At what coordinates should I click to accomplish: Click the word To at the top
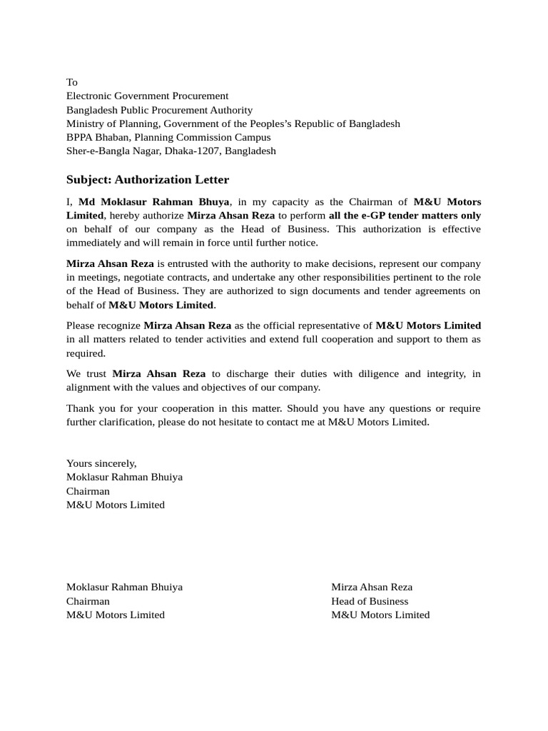tap(72, 82)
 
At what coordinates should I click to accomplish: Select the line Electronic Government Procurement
tap(147, 96)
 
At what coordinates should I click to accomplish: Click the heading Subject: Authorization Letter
tap(148, 179)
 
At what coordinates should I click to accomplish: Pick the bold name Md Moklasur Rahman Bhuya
tap(153, 202)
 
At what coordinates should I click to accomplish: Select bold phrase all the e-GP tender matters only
tap(405, 216)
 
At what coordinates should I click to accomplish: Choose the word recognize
tap(116, 326)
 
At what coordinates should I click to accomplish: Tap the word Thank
tap(80, 408)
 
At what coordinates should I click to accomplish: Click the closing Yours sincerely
tap(101, 463)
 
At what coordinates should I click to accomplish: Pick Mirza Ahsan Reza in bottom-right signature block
tap(372, 587)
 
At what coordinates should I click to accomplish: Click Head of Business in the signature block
tap(370, 601)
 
